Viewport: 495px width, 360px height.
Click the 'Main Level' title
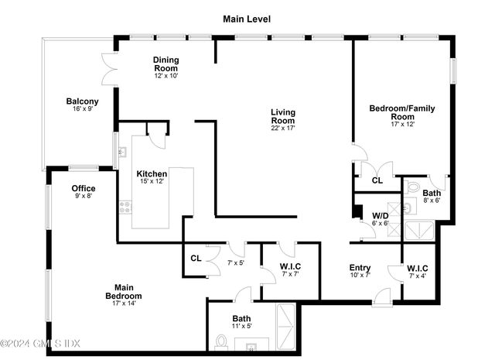pyautogui.click(x=247, y=19)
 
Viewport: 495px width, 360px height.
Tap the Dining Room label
pyautogui.click(x=166, y=63)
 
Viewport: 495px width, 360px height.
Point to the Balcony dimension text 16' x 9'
pyautogui.click(x=83, y=108)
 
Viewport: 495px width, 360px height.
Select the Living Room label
pyautogui.click(x=283, y=116)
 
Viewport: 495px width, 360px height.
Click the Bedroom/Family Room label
pyautogui.click(x=402, y=112)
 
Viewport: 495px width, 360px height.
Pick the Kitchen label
pyautogui.click(x=152, y=173)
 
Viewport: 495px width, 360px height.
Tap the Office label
pyautogui.click(x=84, y=188)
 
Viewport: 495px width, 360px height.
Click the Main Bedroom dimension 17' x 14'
pyautogui.click(x=124, y=303)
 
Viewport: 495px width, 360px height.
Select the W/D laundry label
pyautogui.click(x=381, y=215)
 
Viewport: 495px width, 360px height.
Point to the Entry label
pyautogui.click(x=360, y=268)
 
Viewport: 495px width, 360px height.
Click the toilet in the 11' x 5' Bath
pyautogui.click(x=221, y=343)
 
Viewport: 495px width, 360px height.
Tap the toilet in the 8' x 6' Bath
pyautogui.click(x=412, y=187)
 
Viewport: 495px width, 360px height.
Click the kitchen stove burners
pyautogui.click(x=125, y=207)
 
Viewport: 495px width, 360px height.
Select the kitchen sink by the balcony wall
pyautogui.click(x=122, y=152)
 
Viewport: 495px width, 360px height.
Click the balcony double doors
pyautogui.click(x=109, y=69)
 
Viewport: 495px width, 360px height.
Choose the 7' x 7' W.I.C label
pyautogui.click(x=290, y=266)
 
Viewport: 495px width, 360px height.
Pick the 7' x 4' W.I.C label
pyautogui.click(x=418, y=269)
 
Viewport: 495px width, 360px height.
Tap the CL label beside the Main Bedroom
pyautogui.click(x=196, y=259)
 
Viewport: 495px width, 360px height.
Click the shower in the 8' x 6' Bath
pyautogui.click(x=419, y=231)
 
